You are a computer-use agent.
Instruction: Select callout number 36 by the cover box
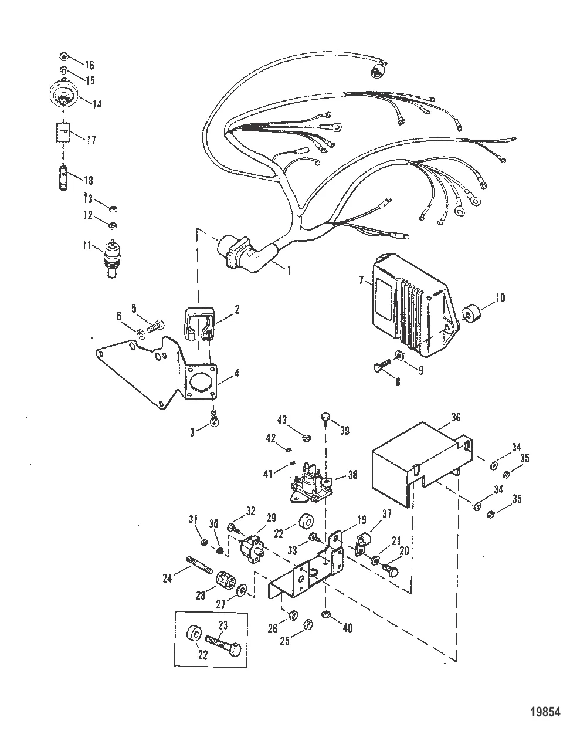(x=456, y=418)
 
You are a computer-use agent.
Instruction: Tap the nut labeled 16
(x=64, y=56)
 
